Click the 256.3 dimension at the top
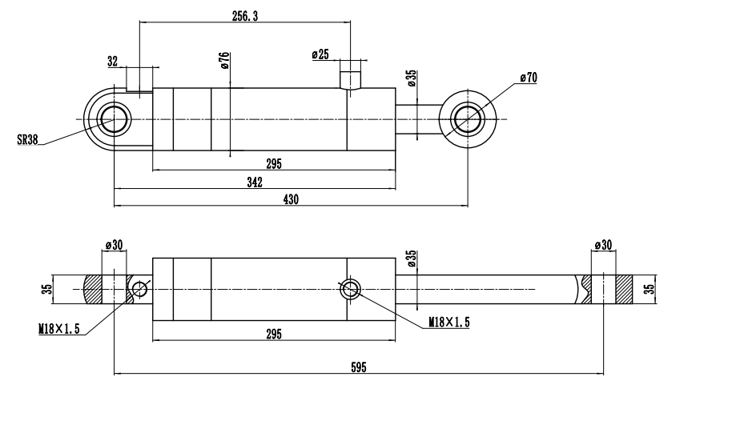245,16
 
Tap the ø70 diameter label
528,78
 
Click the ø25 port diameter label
320,54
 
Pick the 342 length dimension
255,182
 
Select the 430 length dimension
290,200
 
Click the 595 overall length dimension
358,367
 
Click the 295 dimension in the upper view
273,164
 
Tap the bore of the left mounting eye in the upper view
114,120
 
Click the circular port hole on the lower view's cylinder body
351,289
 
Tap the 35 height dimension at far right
650,287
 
